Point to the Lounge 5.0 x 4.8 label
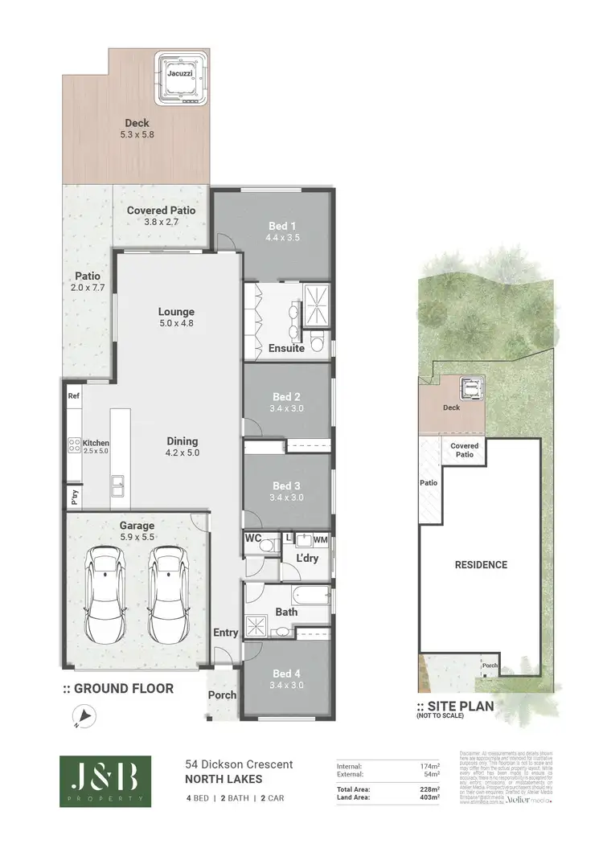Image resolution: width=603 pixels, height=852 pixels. point(176,317)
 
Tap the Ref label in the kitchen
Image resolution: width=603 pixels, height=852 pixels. point(74,396)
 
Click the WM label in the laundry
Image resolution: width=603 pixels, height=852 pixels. point(320,539)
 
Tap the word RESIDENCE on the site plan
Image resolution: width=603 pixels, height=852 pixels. point(482,564)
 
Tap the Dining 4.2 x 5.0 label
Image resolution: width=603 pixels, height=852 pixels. point(183,447)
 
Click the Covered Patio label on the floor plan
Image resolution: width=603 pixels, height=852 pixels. point(162,215)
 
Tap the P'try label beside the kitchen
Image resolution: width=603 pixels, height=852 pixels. point(73,495)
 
